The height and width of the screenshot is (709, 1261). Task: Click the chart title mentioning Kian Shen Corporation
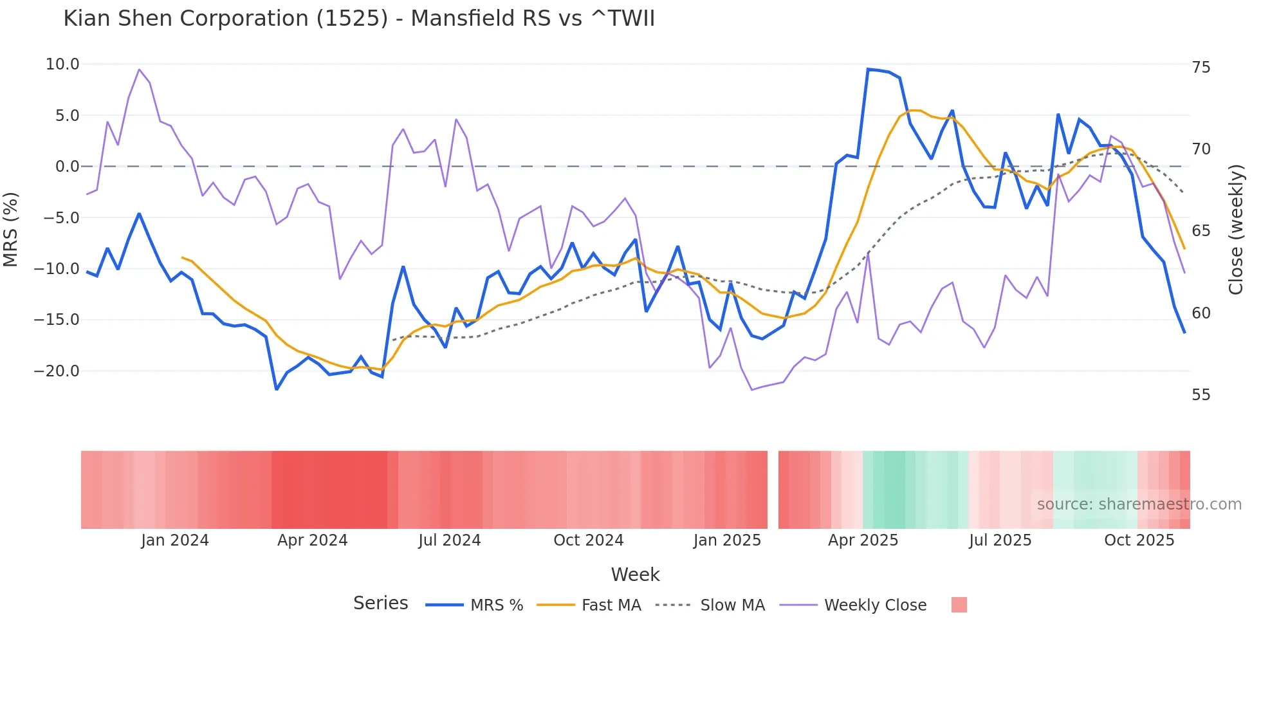[x=359, y=19]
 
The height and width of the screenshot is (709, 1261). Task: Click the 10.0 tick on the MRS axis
[x=62, y=64]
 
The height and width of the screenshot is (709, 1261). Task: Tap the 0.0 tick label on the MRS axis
[x=67, y=167]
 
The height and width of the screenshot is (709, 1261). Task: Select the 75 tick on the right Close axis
[x=1201, y=68]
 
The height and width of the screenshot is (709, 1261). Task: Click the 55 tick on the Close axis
[x=1201, y=395]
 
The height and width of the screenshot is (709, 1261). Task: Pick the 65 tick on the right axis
[x=1201, y=231]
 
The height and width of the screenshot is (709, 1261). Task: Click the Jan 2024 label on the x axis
[x=175, y=540]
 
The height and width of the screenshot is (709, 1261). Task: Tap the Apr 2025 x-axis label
[x=863, y=540]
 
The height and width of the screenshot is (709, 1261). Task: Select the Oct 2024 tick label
[x=588, y=540]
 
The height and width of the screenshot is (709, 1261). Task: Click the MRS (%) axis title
[x=11, y=230]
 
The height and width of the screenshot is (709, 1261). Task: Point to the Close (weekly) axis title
[x=1235, y=230]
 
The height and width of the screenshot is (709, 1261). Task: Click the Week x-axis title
[x=635, y=575]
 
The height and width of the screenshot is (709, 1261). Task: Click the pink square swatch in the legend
[x=959, y=605]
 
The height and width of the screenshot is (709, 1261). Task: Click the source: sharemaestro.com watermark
[x=1139, y=504]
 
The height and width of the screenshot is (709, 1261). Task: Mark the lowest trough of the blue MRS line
[x=277, y=389]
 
